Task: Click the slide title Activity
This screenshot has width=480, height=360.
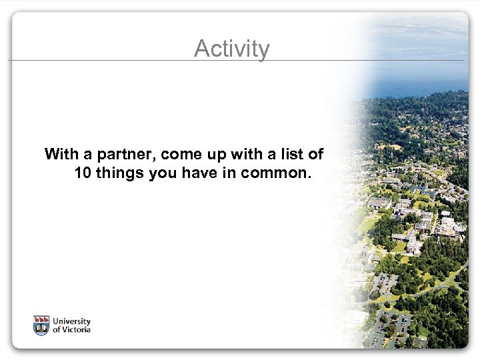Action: pyautogui.click(x=232, y=49)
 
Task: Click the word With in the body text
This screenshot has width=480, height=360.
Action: pyautogui.click(x=60, y=155)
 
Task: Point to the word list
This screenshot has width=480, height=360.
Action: pyautogui.click(x=293, y=155)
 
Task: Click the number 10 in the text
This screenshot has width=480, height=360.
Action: pyautogui.click(x=85, y=173)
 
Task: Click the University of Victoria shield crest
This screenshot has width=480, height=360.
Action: pyautogui.click(x=41, y=325)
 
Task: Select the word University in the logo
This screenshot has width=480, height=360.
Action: pyautogui.click(x=72, y=321)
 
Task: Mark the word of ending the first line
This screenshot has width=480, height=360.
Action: pyautogui.click(x=316, y=155)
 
